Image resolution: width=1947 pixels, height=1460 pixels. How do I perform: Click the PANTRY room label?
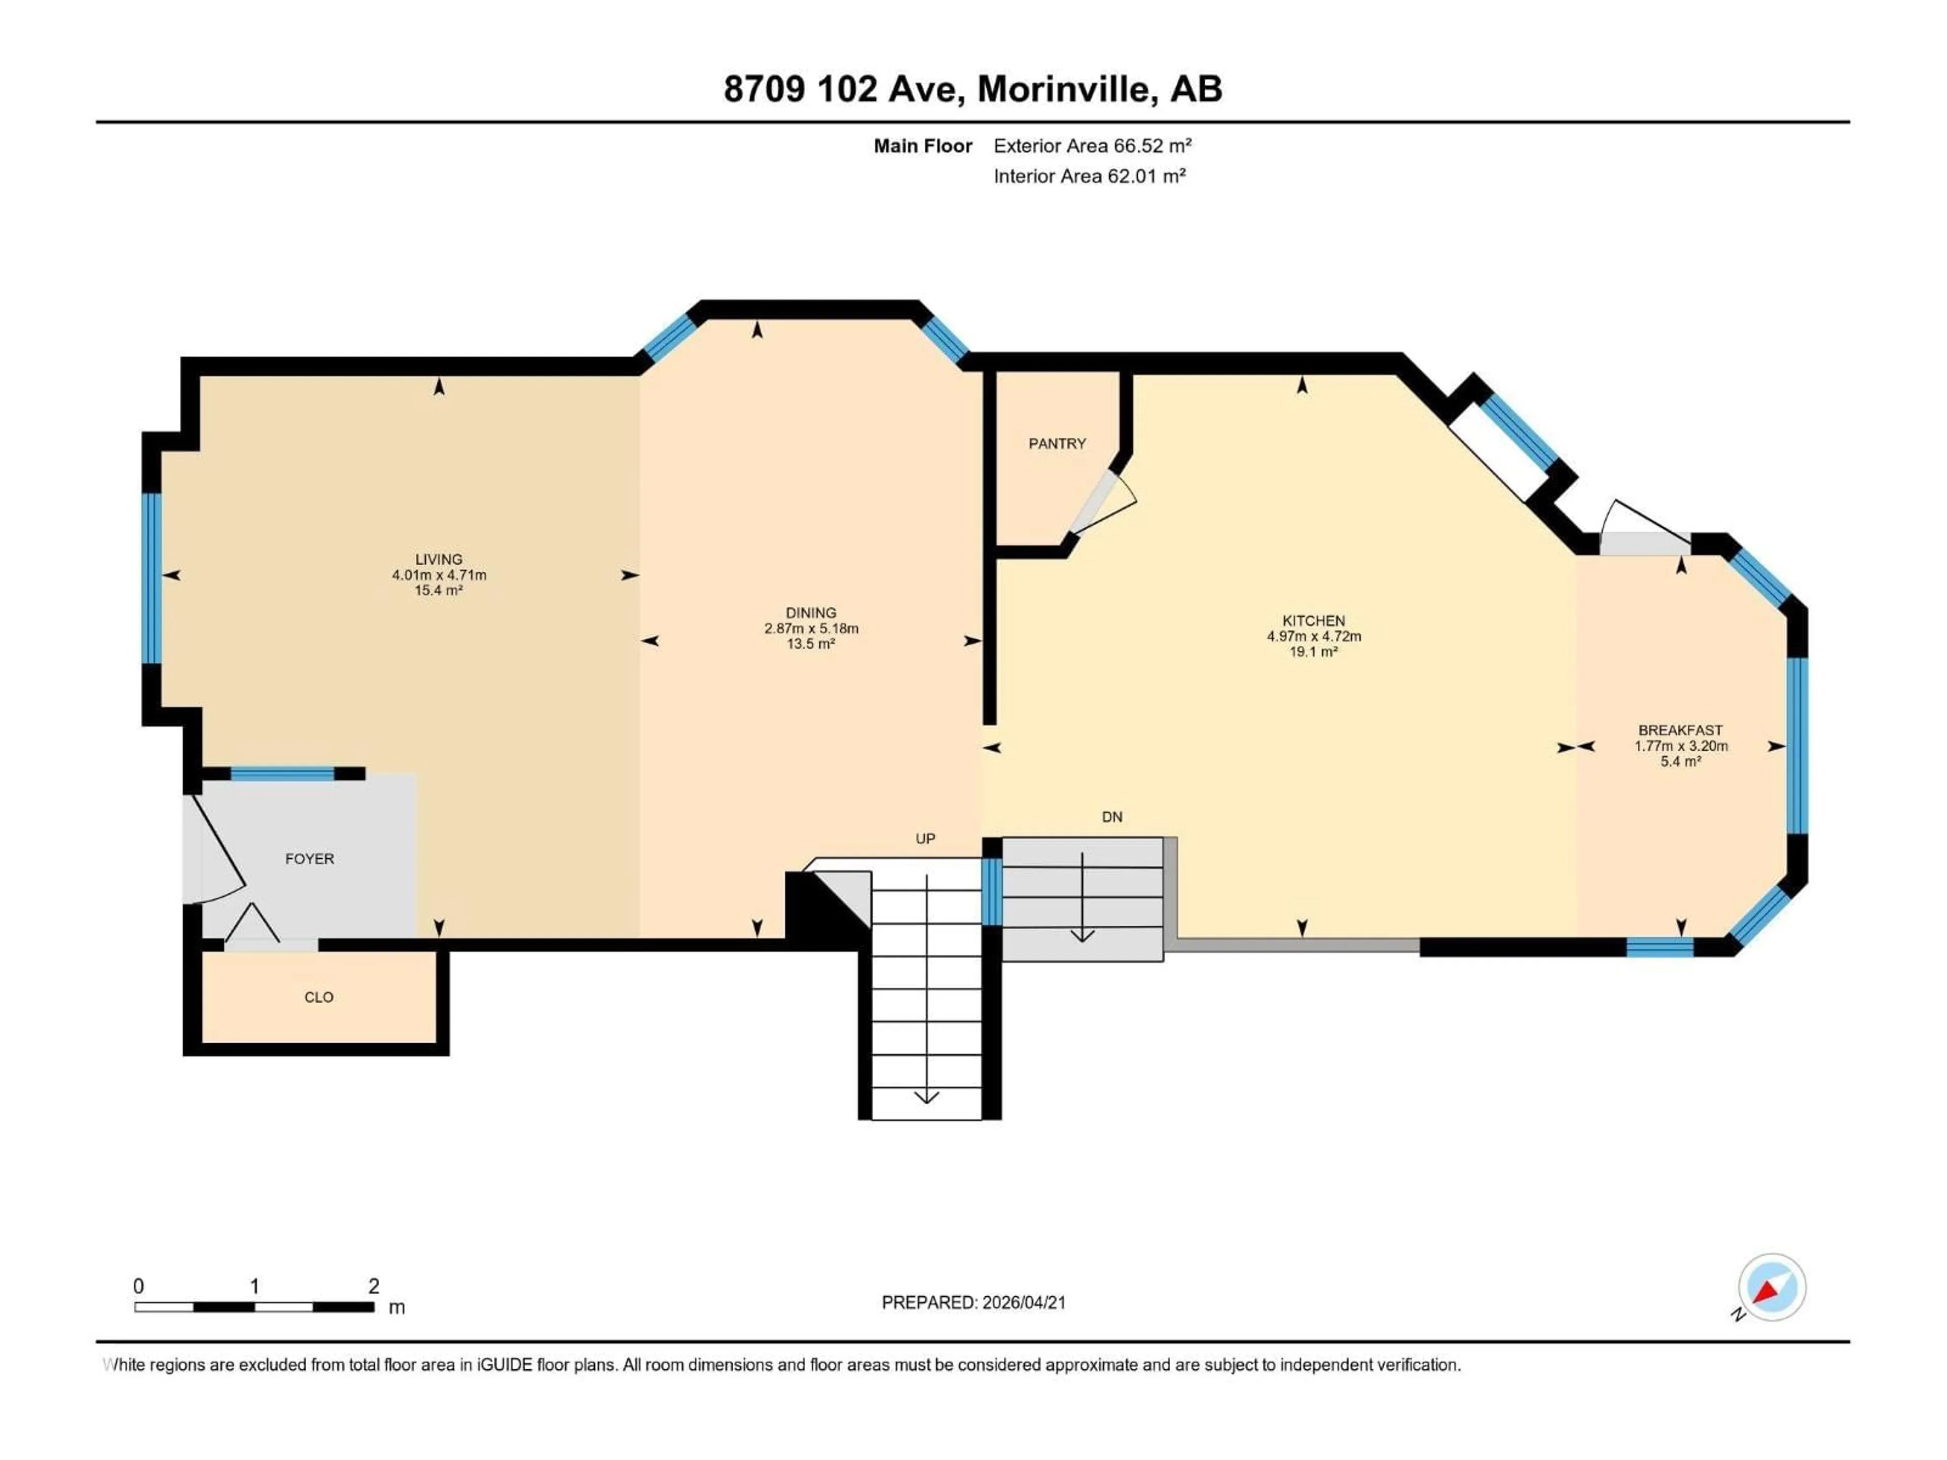pos(1057,444)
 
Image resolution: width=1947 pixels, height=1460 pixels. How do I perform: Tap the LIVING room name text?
pos(439,559)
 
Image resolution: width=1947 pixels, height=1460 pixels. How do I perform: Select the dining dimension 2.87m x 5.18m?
pos(811,628)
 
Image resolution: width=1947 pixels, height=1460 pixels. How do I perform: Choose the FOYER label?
pos(309,859)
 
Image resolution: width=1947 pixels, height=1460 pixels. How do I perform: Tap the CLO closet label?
pos(318,997)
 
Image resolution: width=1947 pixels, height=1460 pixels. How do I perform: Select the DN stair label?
pos(1112,817)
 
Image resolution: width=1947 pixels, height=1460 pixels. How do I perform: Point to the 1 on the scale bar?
pos(255,1286)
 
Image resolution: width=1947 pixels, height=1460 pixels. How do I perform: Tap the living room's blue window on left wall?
pos(152,577)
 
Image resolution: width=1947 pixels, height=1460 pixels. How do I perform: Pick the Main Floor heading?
pos(922,146)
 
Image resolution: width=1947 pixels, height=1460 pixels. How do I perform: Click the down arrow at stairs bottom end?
pos(926,1097)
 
